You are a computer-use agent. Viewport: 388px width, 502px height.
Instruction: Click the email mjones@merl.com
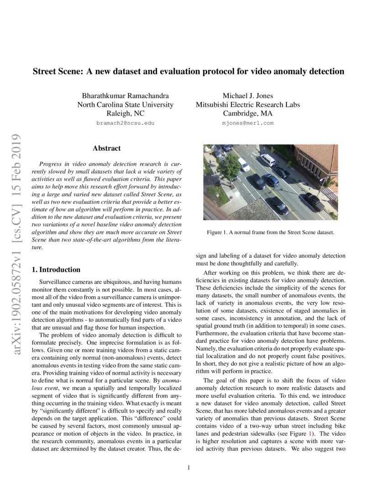[248, 123]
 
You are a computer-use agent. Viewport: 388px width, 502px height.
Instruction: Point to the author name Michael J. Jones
[248, 96]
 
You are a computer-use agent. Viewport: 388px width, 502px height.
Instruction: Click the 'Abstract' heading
[106, 148]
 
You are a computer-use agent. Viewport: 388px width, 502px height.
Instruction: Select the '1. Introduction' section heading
[56, 269]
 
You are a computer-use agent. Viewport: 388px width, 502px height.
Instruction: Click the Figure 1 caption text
[270, 232]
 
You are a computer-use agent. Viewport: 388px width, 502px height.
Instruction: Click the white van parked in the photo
[267, 160]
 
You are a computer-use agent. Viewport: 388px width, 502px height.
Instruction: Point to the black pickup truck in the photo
[314, 201]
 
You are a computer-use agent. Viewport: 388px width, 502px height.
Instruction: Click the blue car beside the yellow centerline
[272, 180]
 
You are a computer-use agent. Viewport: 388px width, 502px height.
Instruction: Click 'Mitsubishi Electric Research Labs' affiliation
[248, 105]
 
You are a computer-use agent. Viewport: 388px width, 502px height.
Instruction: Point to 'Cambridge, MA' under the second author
[248, 114]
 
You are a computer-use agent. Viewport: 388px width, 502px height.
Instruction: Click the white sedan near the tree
[244, 165]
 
